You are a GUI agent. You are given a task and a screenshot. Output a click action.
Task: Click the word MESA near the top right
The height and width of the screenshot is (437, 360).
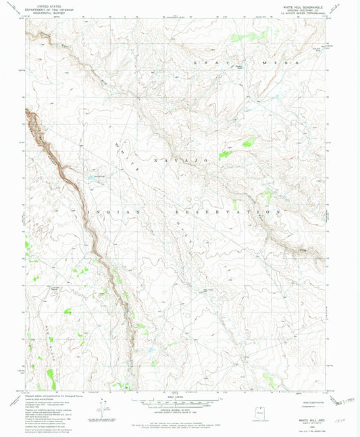264,62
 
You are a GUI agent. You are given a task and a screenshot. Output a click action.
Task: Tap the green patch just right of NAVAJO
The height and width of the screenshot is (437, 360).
224,155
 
